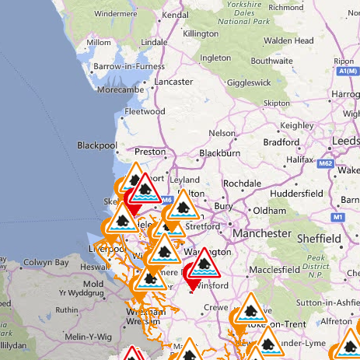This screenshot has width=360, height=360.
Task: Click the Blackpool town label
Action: pyautogui.click(x=96, y=145)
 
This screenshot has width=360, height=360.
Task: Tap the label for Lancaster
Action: pyautogui.click(x=175, y=82)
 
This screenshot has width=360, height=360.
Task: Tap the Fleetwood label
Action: pyautogui.click(x=145, y=111)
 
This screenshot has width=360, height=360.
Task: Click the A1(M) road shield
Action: pyautogui.click(x=348, y=72)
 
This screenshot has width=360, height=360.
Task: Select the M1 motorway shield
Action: pyautogui.click(x=337, y=217)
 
